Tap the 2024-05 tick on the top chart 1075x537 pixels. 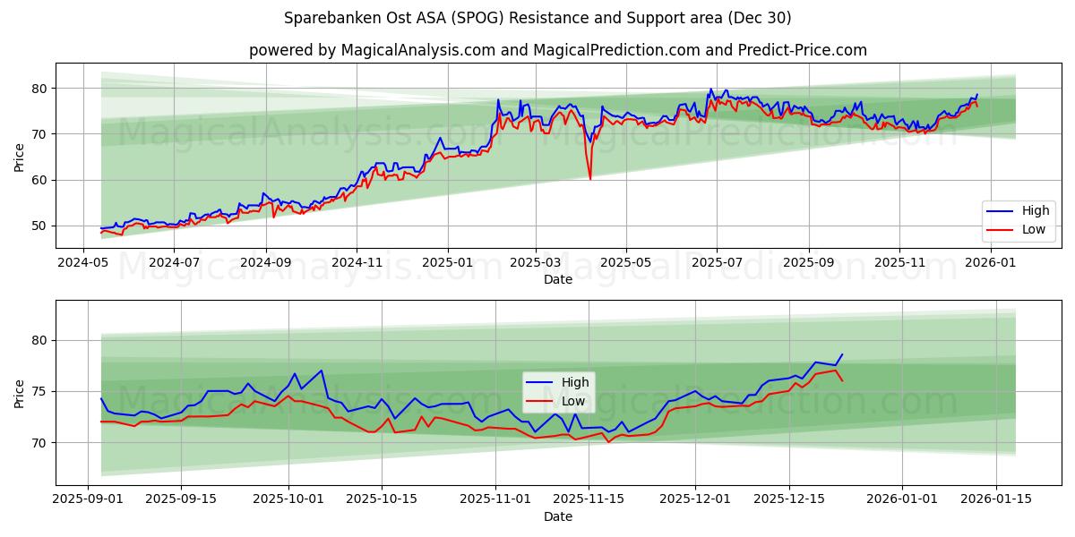[82, 263]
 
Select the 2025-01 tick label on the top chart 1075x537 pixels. [447, 263]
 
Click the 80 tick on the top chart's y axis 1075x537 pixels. [38, 89]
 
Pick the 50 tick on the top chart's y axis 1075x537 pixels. [38, 226]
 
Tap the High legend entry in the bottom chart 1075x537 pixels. [560, 382]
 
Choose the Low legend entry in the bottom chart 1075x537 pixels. [560, 401]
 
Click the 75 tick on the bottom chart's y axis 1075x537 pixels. [38, 391]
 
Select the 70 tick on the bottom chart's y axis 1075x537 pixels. [38, 443]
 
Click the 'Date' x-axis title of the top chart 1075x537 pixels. [557, 279]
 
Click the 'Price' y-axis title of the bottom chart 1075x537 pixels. [20, 393]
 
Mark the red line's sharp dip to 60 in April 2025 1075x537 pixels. [590, 179]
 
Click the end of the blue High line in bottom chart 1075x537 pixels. [842, 354]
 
